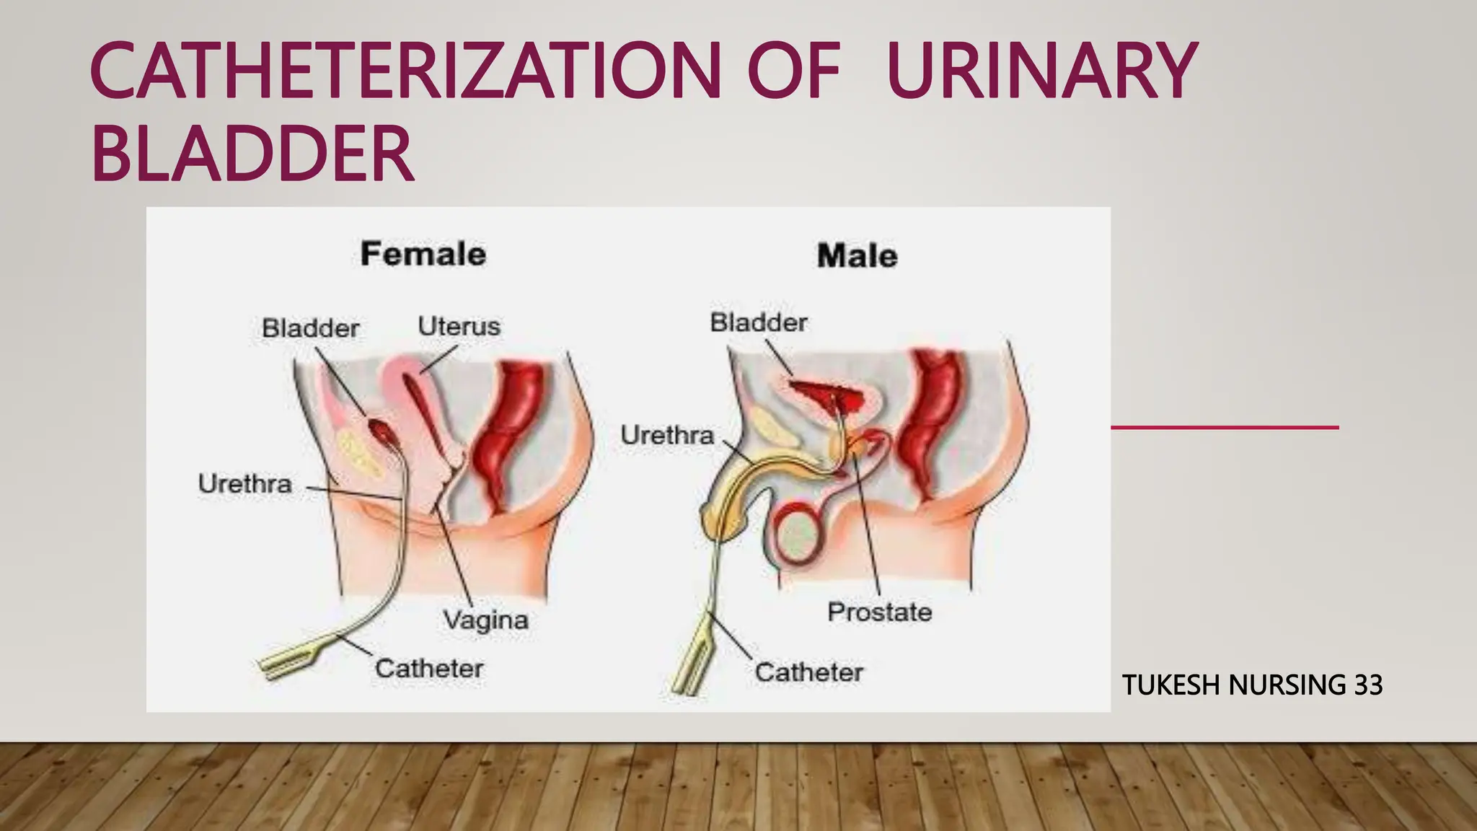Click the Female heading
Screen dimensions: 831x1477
[x=423, y=254]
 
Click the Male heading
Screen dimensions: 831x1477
[x=857, y=256]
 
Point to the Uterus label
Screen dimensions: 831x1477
[x=459, y=326]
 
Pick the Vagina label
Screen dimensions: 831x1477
[x=485, y=620]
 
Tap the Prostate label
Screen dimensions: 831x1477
[x=879, y=612]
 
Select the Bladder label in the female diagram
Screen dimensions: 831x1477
[x=310, y=328]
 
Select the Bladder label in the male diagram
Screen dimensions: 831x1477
[x=759, y=322]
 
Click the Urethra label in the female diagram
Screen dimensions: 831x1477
[x=244, y=483]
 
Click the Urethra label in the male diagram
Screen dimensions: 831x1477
[x=667, y=435]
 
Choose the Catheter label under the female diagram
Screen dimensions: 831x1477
[x=428, y=668]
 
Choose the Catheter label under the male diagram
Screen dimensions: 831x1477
[x=808, y=672]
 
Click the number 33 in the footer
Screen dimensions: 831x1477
[x=1368, y=685]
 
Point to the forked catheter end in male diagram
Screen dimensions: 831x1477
[x=689, y=667]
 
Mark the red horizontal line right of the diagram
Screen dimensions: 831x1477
[x=1224, y=428]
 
